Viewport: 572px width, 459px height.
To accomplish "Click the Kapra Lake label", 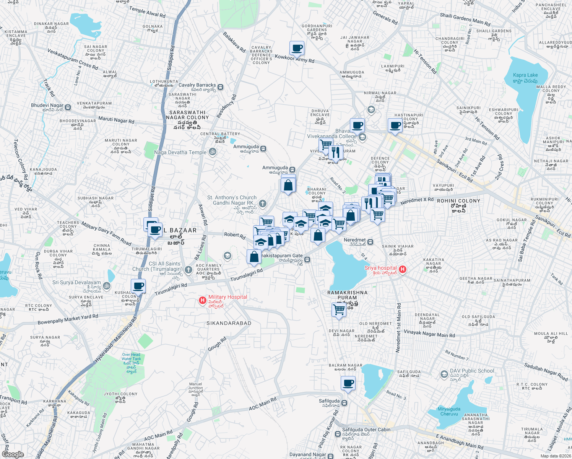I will [x=525, y=78].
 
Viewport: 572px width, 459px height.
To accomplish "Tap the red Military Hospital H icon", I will [x=203, y=301].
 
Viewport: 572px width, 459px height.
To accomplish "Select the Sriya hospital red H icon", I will [x=402, y=270].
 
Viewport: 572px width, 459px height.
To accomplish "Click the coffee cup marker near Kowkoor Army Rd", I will [x=297, y=49].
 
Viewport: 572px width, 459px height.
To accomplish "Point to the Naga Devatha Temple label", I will [x=180, y=152].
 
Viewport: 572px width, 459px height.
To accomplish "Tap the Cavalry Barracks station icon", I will [x=220, y=87].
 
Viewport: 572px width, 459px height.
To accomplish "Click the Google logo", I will [x=13, y=454].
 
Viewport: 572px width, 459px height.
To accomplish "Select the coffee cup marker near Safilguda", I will [x=348, y=383].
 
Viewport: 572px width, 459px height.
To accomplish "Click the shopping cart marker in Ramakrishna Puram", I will [x=339, y=309].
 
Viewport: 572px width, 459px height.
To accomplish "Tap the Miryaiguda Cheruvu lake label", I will [x=449, y=412].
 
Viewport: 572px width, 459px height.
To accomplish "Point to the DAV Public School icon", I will [x=444, y=374].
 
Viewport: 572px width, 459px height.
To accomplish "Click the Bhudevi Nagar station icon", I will [x=68, y=107].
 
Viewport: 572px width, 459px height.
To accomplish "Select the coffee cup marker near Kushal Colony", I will [x=138, y=286].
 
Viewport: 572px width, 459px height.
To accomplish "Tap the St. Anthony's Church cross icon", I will [x=262, y=203].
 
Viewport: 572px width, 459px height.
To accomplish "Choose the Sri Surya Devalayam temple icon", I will [x=107, y=285].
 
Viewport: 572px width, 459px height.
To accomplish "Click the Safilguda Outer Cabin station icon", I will [x=338, y=434].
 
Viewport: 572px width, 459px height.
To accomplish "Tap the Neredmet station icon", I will [x=370, y=242].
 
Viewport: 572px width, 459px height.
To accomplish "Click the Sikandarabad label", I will [x=229, y=323].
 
